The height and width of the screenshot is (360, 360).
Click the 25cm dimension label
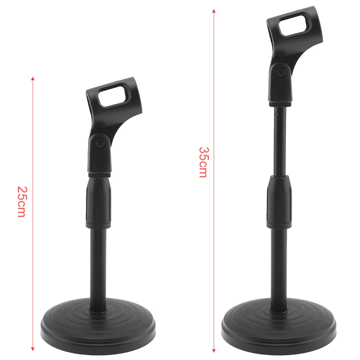(x=22, y=202)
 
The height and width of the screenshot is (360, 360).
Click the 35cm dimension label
(x=203, y=162)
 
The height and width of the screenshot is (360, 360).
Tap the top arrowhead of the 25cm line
(x=33, y=78)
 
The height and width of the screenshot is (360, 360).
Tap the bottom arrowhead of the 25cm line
(x=33, y=349)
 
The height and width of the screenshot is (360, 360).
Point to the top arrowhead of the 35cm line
(x=214, y=11)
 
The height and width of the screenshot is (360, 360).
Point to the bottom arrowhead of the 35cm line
(x=214, y=351)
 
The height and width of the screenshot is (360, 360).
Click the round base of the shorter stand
(x=98, y=326)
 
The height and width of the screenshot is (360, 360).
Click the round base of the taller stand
(x=279, y=326)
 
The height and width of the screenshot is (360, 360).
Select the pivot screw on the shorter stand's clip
(x=100, y=144)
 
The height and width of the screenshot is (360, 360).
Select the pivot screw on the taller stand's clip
(x=280, y=72)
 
